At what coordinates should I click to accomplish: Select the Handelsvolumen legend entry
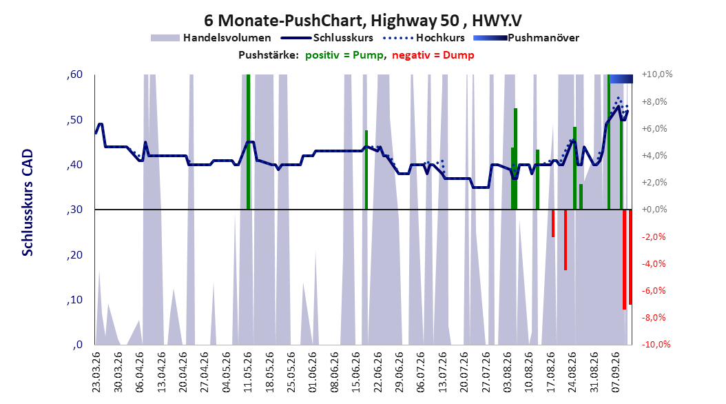(x=211, y=38)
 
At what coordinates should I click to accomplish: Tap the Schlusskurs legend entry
(x=327, y=38)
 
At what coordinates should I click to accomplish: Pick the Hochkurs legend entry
(x=424, y=38)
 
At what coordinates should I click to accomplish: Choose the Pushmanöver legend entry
(x=526, y=38)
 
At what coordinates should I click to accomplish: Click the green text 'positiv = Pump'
(x=344, y=55)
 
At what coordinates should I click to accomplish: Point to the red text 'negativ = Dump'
(x=433, y=55)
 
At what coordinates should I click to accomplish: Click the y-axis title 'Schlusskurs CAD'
(x=28, y=203)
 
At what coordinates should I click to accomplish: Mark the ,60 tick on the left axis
(x=74, y=74)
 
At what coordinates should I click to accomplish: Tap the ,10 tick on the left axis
(x=74, y=300)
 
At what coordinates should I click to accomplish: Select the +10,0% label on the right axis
(x=657, y=74)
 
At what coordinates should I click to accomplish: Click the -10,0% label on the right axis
(x=656, y=344)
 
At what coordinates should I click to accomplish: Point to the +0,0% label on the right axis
(x=654, y=210)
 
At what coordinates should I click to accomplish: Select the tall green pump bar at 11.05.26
(x=248, y=142)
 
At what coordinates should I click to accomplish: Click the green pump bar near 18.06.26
(x=366, y=170)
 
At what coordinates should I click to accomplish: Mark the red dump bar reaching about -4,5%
(x=566, y=240)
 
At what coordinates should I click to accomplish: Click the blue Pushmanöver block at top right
(x=621, y=79)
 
